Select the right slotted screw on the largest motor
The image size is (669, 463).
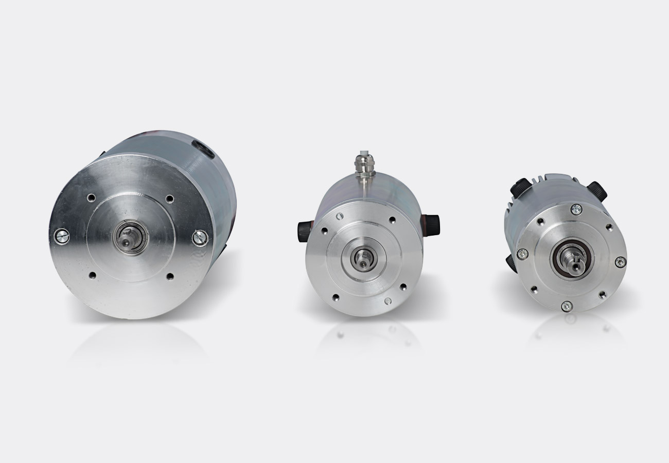tap(200, 237)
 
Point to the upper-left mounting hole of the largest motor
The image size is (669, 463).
tap(91, 197)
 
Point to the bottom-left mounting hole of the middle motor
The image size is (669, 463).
tap(336, 297)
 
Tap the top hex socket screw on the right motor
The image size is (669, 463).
tap(576, 208)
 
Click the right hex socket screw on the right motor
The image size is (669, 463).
tap(621, 262)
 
